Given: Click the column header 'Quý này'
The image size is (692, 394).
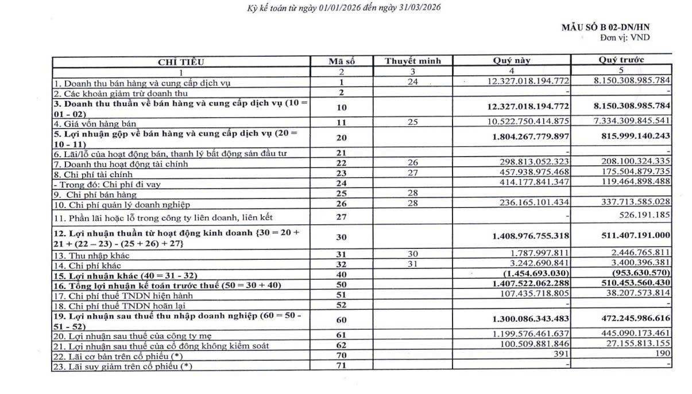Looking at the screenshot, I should pyautogui.click(x=512, y=60).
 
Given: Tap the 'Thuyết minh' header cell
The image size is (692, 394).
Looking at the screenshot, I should pyautogui.click(x=413, y=61).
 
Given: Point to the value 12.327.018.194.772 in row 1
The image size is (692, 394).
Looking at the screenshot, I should pyautogui.click(x=528, y=81).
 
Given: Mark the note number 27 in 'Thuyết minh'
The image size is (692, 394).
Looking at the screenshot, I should pyautogui.click(x=412, y=173).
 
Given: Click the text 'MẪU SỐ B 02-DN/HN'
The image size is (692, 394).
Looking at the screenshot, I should pyautogui.click(x=606, y=27).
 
